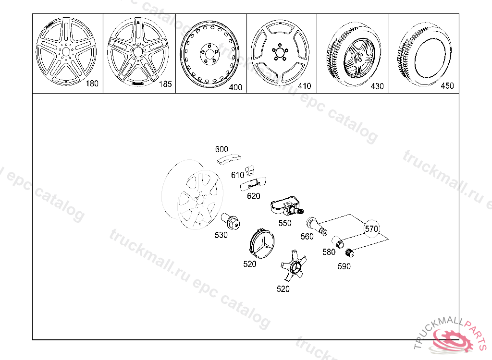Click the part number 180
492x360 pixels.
[92, 84]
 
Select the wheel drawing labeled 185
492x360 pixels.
[138, 51]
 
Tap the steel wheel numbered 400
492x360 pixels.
[209, 54]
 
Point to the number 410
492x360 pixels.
[304, 86]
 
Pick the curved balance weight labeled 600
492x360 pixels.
[229, 159]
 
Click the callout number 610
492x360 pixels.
[237, 175]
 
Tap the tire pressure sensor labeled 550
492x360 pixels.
[286, 208]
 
